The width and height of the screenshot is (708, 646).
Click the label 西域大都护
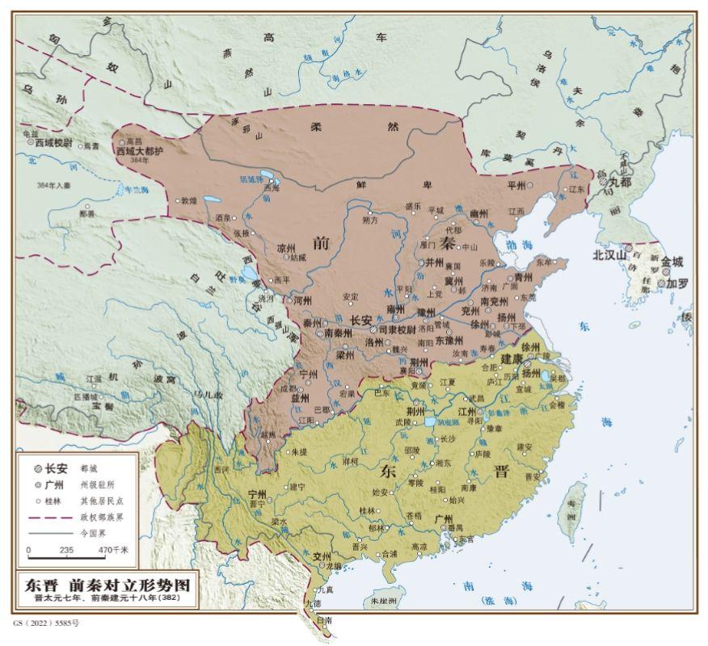pos(139,150)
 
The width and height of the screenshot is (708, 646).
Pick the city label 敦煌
pos(188,199)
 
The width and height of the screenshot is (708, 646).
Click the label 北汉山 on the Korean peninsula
pos(609,255)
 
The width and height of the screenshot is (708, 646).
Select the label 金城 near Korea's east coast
pos(672,262)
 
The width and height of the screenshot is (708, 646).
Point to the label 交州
pos(322,556)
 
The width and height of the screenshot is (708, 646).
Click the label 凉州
pos(287,249)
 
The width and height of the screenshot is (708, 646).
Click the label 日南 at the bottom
pos(324,620)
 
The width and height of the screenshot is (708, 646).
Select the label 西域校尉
pos(55,141)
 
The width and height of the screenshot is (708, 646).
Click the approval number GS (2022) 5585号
pos(47,623)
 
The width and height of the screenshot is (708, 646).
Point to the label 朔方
pos(371,220)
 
